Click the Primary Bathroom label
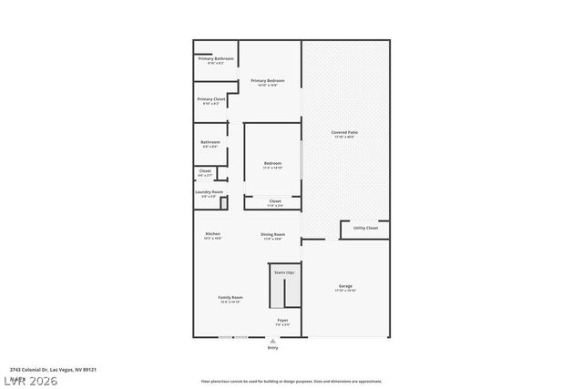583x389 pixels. pos(215,59)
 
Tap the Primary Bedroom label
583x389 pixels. pos(268,81)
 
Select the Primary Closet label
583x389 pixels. pos(211,98)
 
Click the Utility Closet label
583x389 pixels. pos(365,228)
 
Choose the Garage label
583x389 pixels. pos(345,286)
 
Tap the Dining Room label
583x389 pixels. pos(273,234)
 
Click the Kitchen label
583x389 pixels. pos(212,234)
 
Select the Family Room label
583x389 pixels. pos(230,298)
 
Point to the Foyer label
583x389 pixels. pos(282,320)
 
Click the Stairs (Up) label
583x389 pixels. pos(283,272)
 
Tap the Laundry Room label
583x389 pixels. pos(209,192)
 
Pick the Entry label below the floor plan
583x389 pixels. pos(272,348)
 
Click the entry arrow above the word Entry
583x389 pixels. pos(272,341)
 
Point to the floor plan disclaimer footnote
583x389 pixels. pos(291,381)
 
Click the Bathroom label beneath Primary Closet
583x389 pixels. pos(210,142)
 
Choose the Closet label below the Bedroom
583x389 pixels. pos(274,200)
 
